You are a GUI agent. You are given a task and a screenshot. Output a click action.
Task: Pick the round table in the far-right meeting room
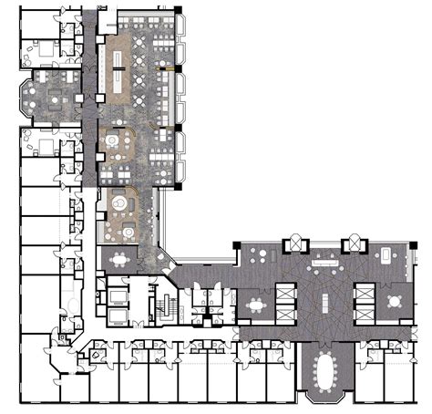(394, 300)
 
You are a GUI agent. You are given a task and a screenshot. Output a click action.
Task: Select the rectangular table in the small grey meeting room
(118, 258)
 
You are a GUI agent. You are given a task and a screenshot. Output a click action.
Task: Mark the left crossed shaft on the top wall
(298, 245)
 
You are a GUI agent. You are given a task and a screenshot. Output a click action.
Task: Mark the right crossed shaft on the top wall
(352, 245)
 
